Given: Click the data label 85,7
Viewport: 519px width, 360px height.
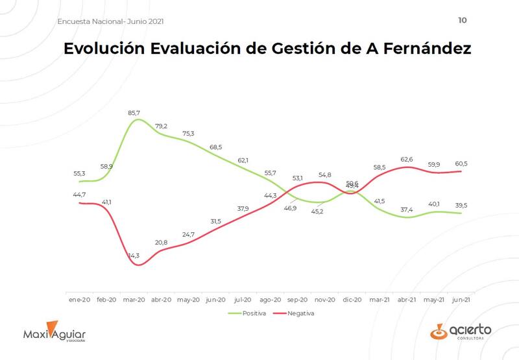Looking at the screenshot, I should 134,113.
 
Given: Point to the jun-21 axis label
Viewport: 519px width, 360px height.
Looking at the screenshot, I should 461,300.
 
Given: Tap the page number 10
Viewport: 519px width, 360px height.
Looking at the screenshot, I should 462,20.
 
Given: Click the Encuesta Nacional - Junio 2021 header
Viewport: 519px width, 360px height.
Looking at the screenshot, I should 110,21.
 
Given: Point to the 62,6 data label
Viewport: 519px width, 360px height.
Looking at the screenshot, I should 407,159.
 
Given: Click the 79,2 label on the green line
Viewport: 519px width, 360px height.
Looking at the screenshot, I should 162,126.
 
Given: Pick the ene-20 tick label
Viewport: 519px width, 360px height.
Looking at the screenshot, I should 79,300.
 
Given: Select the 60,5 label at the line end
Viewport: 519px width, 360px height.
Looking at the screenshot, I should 461,163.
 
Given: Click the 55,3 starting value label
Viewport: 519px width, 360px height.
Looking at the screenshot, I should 80,174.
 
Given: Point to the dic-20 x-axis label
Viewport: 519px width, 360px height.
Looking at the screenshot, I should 352,300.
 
